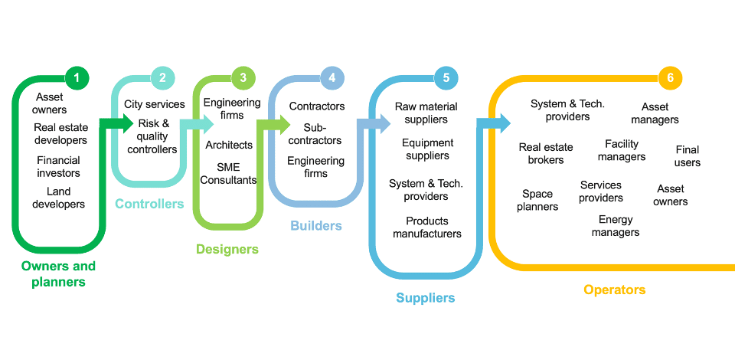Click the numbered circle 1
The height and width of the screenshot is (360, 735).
tap(77, 77)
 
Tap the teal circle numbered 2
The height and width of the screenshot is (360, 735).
tap(162, 77)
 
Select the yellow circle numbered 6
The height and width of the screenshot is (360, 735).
tap(670, 78)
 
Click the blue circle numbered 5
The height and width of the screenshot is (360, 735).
tap(446, 77)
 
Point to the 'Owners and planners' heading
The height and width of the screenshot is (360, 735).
tap(58, 274)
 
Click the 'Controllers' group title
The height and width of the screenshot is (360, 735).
tap(149, 204)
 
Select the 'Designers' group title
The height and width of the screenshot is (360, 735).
tap(227, 249)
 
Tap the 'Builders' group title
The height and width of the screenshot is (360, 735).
tap(316, 226)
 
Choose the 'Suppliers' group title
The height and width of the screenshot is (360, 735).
tap(426, 298)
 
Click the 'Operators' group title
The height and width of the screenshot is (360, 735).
tap(615, 290)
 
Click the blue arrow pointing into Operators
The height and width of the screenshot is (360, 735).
tap(494, 123)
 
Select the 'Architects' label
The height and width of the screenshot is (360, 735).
tap(229, 145)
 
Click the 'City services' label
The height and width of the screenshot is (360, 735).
tap(155, 104)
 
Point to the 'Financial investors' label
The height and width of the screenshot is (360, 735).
tap(58, 166)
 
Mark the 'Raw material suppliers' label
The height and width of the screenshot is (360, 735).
tap(426, 113)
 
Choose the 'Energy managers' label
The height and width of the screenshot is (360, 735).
tap(616, 226)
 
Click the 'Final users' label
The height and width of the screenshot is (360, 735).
tap(687, 155)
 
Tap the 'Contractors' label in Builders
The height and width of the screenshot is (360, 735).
tap(317, 106)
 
